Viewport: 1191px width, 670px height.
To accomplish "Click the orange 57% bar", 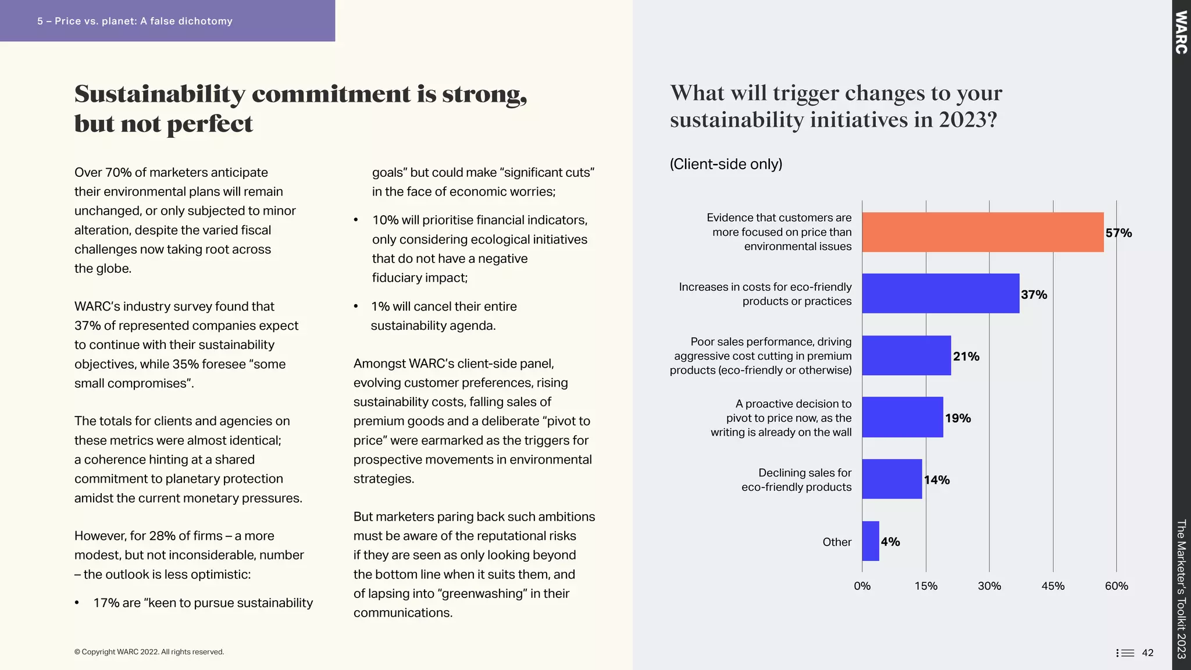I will click(982, 232).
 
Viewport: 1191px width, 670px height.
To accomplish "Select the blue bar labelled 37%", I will click(940, 294).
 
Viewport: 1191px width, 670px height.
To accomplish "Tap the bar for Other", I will click(870, 541).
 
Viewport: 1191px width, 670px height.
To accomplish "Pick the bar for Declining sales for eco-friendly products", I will click(892, 479).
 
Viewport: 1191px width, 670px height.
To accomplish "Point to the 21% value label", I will click(966, 357).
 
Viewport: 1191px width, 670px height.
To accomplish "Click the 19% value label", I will click(958, 418).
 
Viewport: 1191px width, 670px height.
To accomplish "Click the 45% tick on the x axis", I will click(1053, 586).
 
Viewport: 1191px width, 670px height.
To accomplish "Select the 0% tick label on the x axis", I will click(862, 586).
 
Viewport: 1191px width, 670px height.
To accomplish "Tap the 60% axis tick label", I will click(1116, 586).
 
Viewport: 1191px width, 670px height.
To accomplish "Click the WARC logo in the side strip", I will click(1181, 33).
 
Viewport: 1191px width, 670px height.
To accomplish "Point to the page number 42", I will click(1147, 653).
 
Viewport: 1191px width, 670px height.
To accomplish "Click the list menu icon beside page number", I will click(1125, 653).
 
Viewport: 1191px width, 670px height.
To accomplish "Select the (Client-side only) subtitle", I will click(726, 164).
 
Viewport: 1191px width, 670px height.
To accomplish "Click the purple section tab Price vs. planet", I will click(135, 21).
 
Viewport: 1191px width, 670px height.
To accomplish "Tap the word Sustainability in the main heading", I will click(160, 94).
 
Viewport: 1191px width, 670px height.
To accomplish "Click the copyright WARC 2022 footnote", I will click(149, 652).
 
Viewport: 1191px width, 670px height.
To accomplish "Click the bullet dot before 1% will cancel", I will click(356, 307).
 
